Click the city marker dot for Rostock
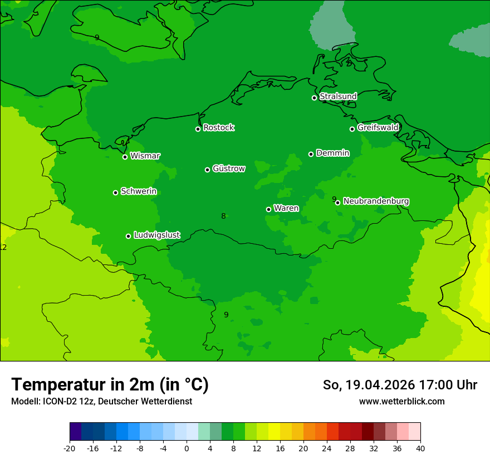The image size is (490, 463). coord(198,129)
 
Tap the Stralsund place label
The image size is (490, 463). coord(338,97)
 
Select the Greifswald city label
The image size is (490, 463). coord(378,128)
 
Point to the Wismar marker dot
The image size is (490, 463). coord(125,157)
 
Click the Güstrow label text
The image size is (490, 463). coord(229,168)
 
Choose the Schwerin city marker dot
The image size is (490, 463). coord(116,192)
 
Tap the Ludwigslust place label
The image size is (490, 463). coord(157,235)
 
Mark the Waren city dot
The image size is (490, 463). coord(268,209)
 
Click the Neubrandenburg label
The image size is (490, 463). coord(376,201)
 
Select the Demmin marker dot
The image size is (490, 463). coord(311,154)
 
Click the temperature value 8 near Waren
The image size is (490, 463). coord(223,216)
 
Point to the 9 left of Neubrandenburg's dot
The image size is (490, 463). coord(334,199)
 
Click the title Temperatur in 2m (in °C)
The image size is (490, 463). coord(110,384)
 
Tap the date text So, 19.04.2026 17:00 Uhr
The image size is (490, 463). coord(400,385)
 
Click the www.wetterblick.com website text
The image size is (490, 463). coord(401,401)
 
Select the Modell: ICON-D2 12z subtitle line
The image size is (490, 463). coord(101,401)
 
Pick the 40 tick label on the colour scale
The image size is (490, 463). coord(420,448)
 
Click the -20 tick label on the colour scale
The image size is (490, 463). coord(69,448)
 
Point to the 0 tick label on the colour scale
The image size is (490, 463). coord(187,448)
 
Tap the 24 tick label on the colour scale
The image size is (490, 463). coord(327,448)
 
